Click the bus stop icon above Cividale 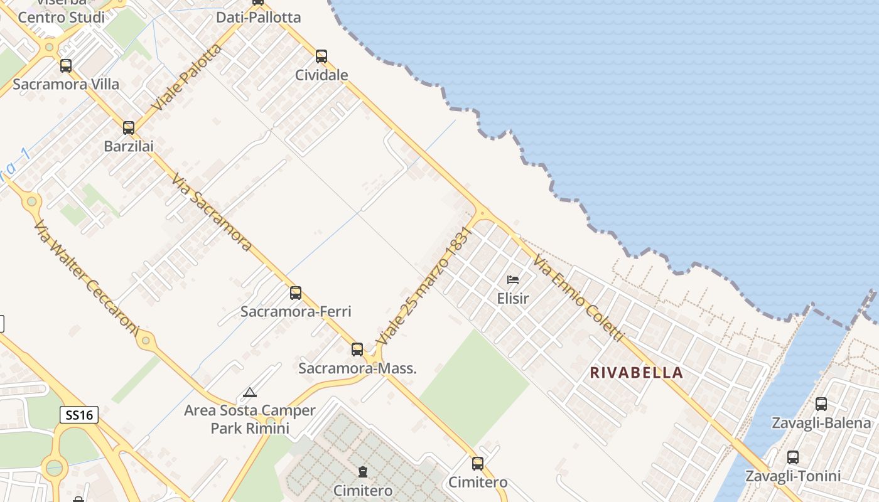coord(321,56)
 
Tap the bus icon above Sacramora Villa coord(66,65)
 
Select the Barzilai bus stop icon coord(129,128)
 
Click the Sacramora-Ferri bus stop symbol coord(296,293)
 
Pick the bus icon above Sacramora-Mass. coord(357,350)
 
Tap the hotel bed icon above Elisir coord(513,280)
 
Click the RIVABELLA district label coord(637,373)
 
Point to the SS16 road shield coord(79,415)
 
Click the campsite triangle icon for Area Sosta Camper coord(250,393)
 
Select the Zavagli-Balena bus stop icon coord(821,404)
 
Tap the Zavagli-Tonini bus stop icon coord(793,457)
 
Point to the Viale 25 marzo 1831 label coord(424,286)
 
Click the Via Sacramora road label coord(211,212)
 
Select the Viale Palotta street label coord(187,78)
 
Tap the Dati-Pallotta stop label coord(259,18)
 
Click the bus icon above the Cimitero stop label coord(478,464)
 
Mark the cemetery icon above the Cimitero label coord(362,472)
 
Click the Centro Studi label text coord(62,18)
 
